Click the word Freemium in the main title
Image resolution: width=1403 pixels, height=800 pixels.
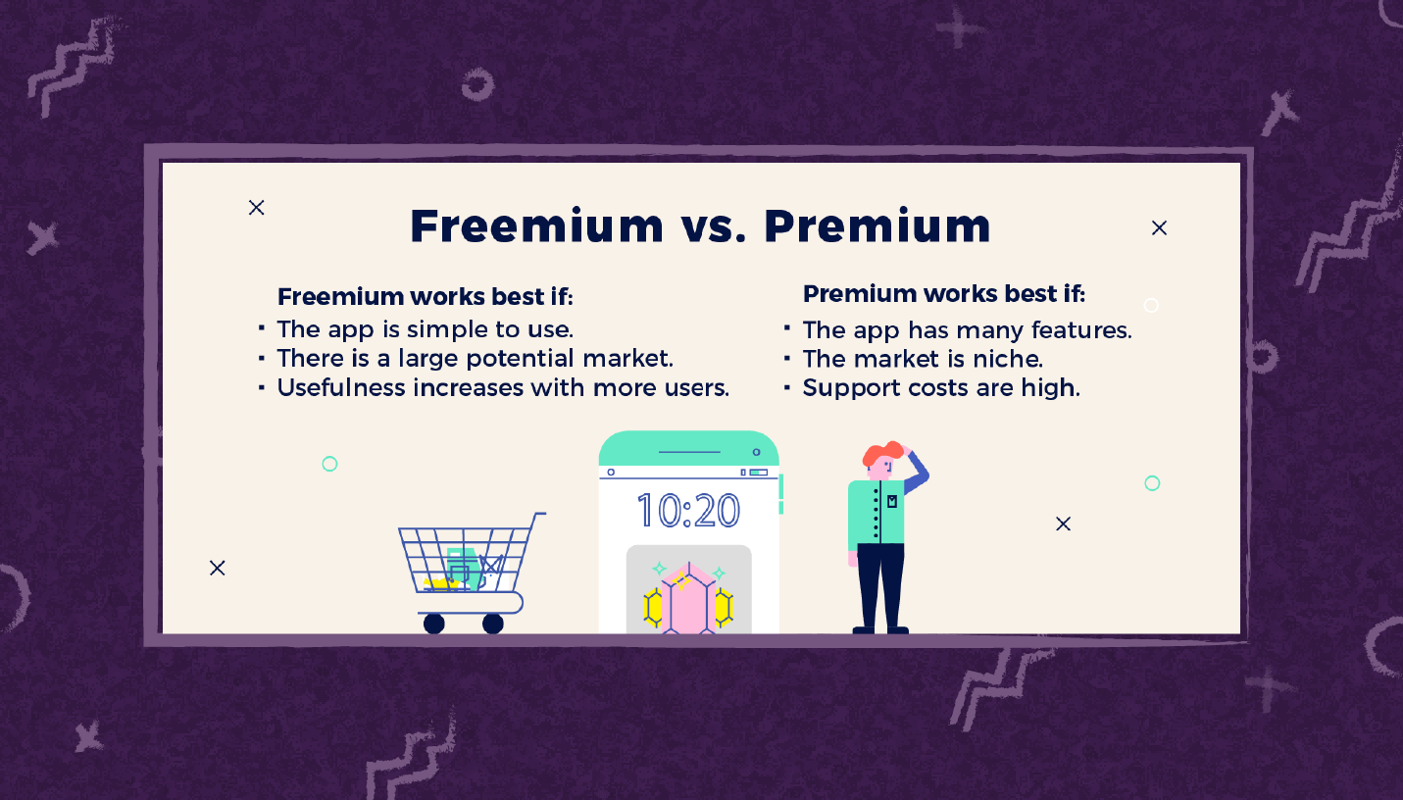point(536,225)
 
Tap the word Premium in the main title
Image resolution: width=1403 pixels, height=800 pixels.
point(877,225)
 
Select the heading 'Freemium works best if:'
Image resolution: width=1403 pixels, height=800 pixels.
point(426,296)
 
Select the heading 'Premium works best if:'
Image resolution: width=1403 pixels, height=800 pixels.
point(944,293)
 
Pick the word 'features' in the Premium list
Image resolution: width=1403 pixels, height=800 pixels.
point(1081,330)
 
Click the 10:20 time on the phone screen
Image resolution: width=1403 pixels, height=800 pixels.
point(688,511)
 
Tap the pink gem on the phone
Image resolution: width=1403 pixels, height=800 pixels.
point(689,599)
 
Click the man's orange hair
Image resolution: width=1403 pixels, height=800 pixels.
point(883,453)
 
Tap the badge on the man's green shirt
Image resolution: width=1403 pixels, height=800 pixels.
point(892,501)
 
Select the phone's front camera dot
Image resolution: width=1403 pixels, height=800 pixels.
point(756,452)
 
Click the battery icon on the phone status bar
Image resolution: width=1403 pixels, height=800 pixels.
point(759,473)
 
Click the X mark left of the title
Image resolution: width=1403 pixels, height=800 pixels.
point(256,208)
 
